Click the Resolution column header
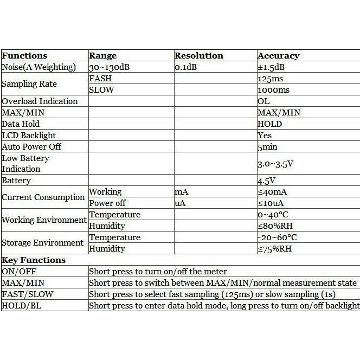click(199, 56)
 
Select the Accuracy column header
click(278, 56)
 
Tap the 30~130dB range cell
click(110, 67)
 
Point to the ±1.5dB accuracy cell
click(272, 67)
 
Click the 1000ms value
click(274, 90)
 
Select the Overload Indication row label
click(40, 101)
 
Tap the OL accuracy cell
click(264, 101)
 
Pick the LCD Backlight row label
click(29, 136)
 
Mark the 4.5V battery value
click(266, 181)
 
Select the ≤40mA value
click(273, 192)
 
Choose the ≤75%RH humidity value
click(275, 249)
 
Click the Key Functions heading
click(34, 260)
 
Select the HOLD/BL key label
click(21, 306)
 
